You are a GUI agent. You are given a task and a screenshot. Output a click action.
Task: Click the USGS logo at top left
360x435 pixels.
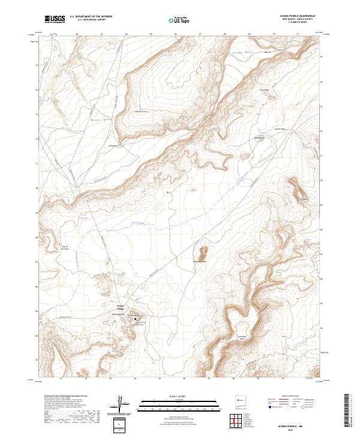click(55, 19)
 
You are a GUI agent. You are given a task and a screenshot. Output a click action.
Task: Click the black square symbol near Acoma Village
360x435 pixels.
click(135, 319)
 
